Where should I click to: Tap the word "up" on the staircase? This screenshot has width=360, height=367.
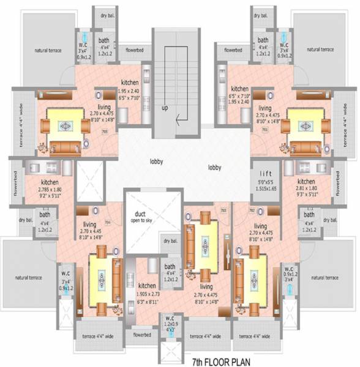165,108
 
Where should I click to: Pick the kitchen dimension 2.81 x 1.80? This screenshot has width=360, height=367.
306,190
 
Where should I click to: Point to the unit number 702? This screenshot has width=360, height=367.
252,210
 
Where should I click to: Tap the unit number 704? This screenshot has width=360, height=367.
108,223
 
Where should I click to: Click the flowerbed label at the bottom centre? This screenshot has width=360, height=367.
142,335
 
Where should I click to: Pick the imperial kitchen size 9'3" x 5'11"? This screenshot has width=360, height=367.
306,196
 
